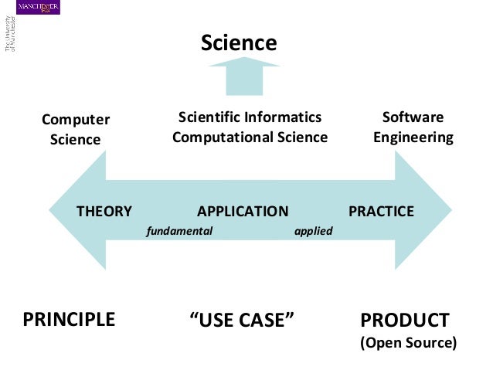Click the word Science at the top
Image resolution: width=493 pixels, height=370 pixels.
pos(239,43)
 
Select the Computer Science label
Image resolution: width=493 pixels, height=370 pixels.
pos(75,129)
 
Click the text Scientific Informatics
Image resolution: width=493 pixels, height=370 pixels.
pos(250,117)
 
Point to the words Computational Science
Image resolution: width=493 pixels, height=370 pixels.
pos(250,137)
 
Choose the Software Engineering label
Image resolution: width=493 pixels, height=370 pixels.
pos(413,127)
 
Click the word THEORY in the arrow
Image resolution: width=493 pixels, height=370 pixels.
pos(104,211)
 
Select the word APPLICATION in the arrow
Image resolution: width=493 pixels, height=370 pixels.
pos(243,211)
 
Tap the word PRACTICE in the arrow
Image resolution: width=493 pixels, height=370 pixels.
pos(381,211)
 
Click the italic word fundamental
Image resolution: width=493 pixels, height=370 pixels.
pos(179,230)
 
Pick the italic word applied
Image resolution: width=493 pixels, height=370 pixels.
pos(314,230)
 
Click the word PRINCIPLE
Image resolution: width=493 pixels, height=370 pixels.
pos(69,320)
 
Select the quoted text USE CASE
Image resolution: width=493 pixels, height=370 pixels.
pos(243,320)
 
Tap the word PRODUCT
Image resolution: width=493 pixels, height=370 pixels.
pos(405,320)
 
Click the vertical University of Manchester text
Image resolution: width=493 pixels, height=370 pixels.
pos(10,35)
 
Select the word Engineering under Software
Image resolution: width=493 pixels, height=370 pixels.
pos(413,137)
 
